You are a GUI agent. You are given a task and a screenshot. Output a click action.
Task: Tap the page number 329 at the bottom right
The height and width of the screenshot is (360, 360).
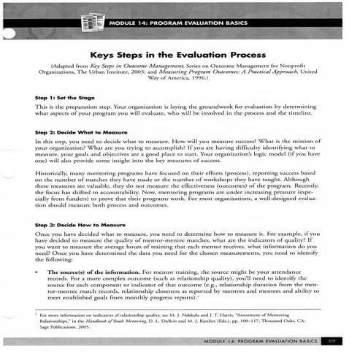tap(333, 340)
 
